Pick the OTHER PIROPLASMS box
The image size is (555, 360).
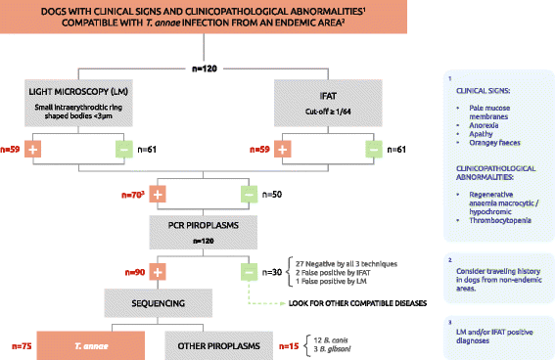click(x=215, y=344)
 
